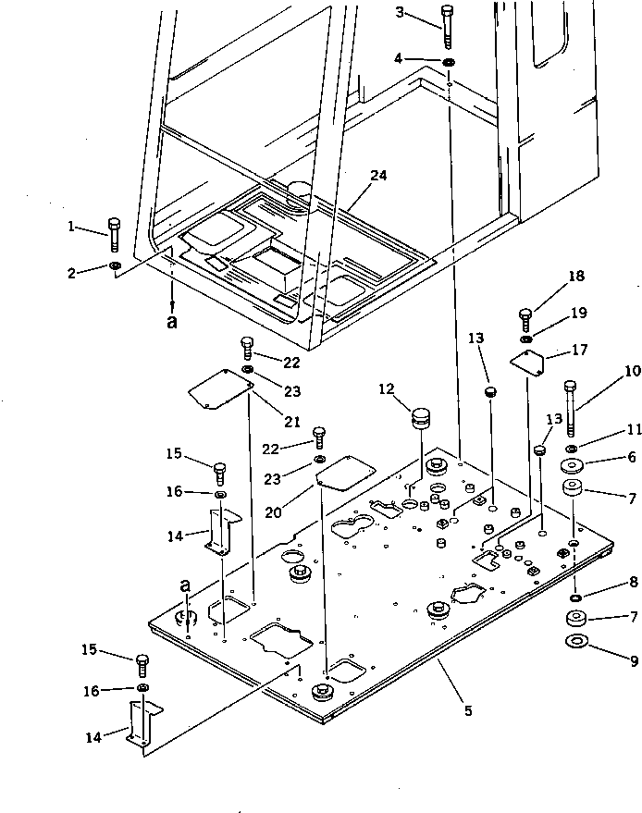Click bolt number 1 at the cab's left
(x=115, y=235)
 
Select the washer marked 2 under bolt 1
(x=115, y=268)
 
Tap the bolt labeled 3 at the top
(x=449, y=27)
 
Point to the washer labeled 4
(x=449, y=62)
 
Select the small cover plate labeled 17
(x=529, y=364)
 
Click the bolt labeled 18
(x=525, y=318)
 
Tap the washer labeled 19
(x=525, y=340)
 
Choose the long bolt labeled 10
(x=570, y=408)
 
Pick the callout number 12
(x=385, y=389)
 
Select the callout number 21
(x=292, y=422)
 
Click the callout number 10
(x=632, y=372)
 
